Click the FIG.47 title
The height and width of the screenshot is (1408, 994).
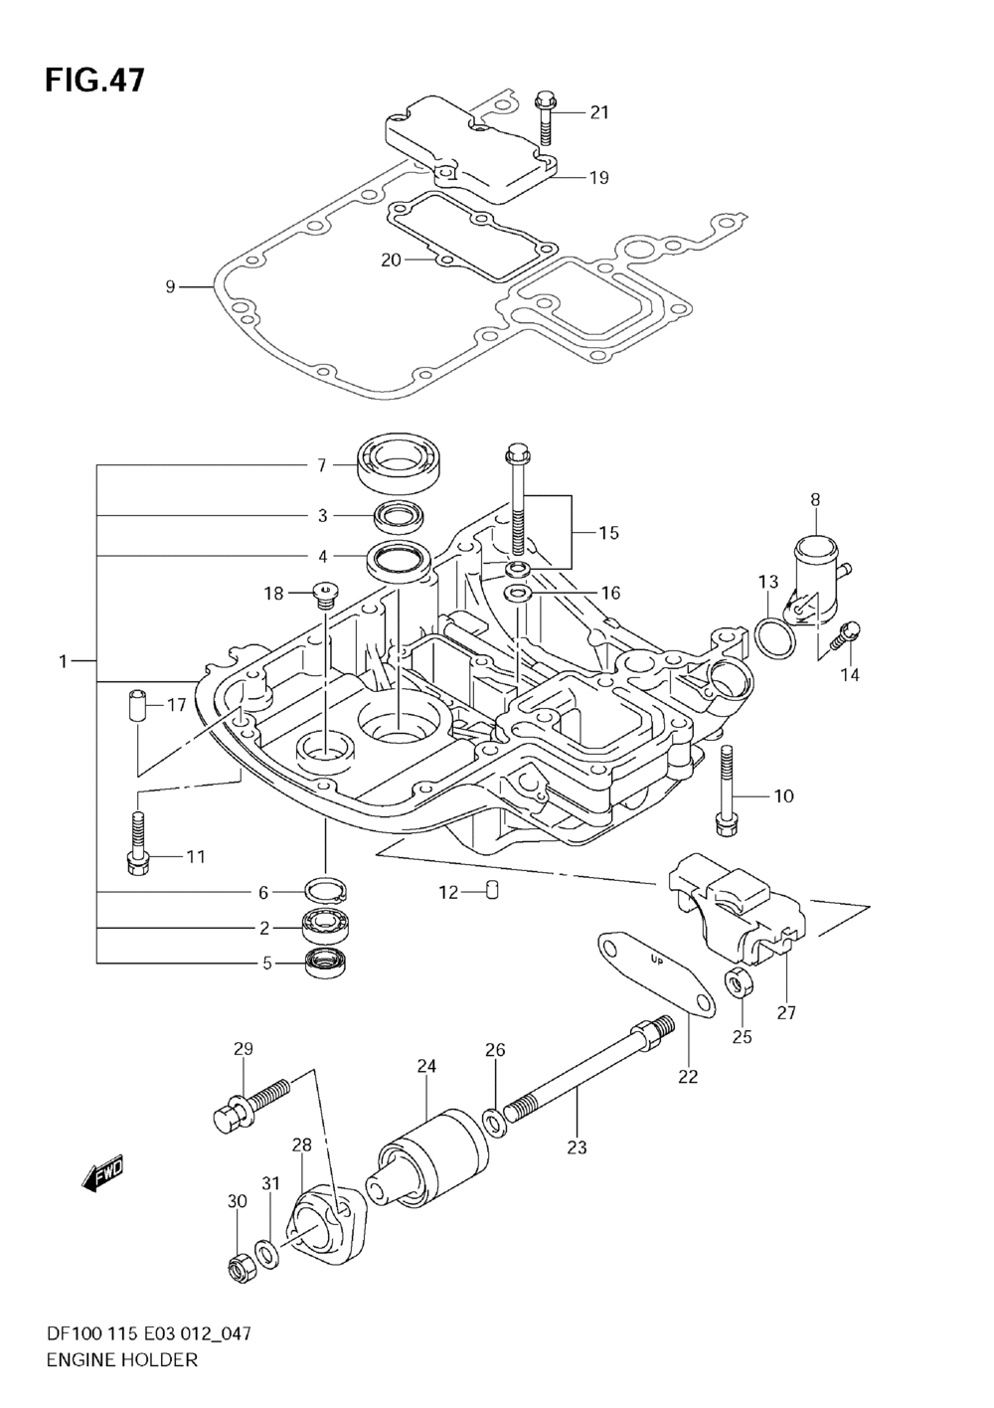(94, 80)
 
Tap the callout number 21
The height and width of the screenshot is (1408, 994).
(598, 112)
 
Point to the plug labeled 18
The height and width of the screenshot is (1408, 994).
(326, 595)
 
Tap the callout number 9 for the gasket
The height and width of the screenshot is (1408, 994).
(170, 287)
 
